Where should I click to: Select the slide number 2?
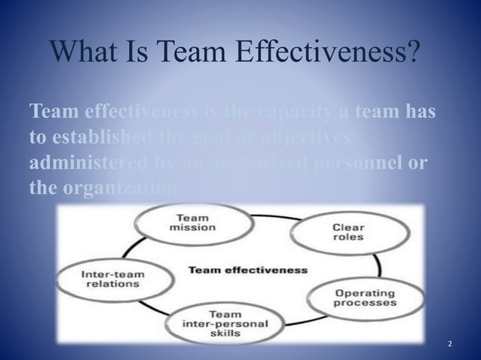click(450, 343)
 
